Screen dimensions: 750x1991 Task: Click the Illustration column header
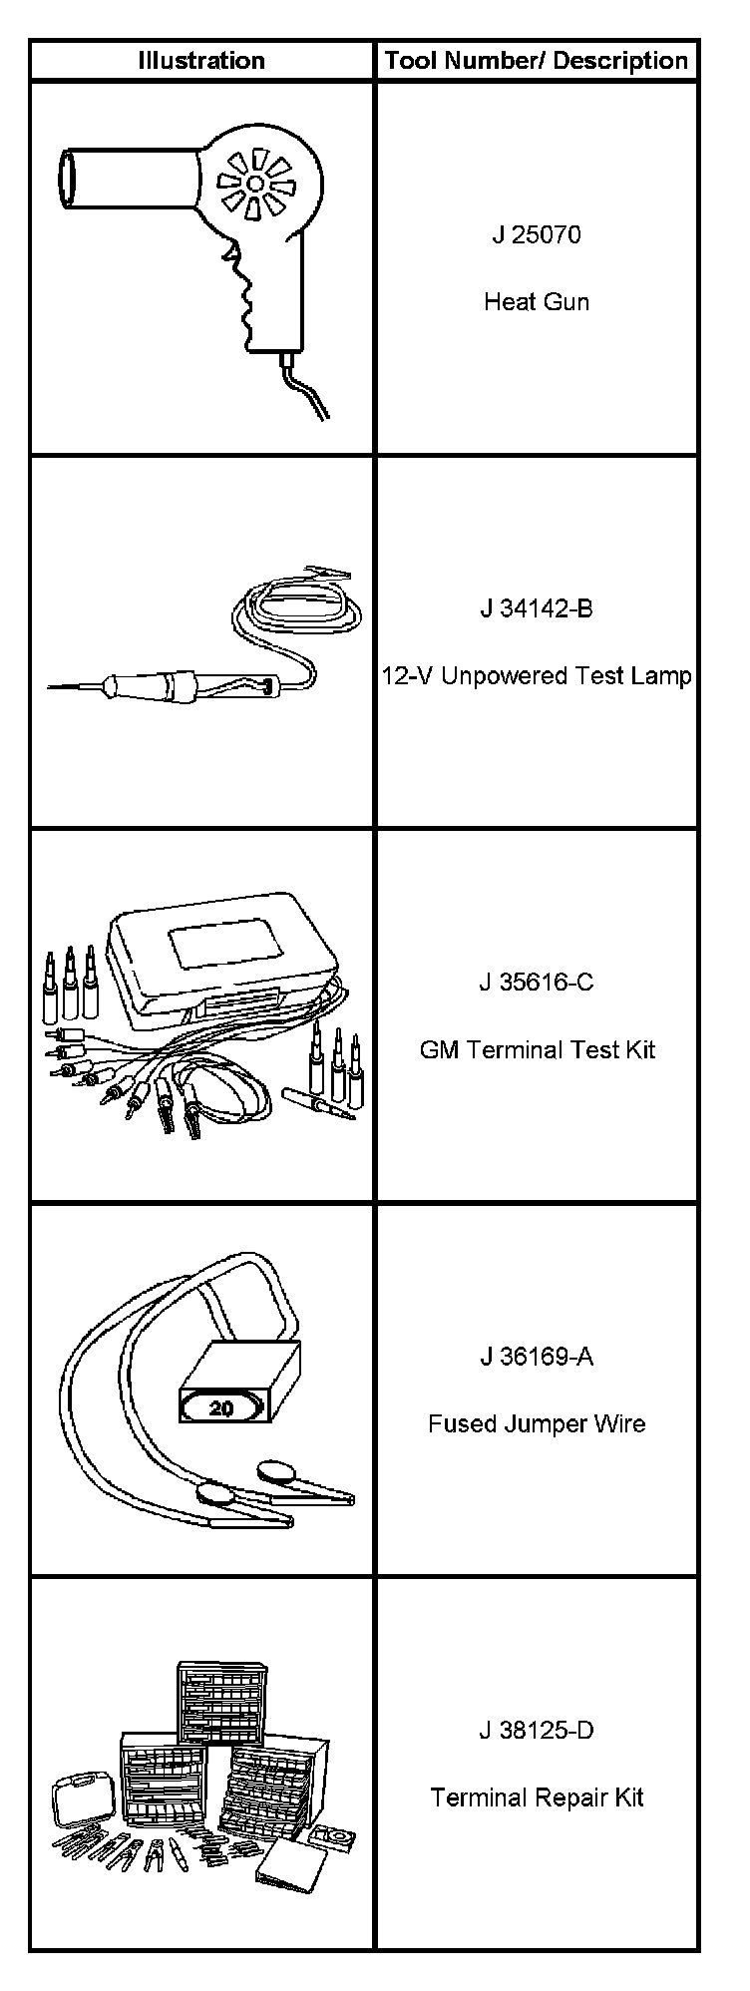201,61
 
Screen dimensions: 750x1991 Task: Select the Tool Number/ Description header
537,61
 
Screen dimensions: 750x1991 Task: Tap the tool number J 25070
537,234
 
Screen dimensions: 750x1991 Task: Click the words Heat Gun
537,301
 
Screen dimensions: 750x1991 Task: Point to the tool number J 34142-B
537,607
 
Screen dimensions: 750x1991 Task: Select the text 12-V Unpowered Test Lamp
537,675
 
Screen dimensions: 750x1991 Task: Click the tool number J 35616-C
537,982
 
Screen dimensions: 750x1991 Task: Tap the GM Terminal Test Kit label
537,1049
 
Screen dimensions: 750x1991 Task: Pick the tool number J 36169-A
537,1356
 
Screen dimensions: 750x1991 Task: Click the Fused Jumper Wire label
537,1423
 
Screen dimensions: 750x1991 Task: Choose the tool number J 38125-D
537,1730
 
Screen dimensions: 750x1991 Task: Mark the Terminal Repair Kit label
537,1797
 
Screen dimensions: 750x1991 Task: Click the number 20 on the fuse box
221,1408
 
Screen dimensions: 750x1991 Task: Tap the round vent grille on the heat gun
255,183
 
